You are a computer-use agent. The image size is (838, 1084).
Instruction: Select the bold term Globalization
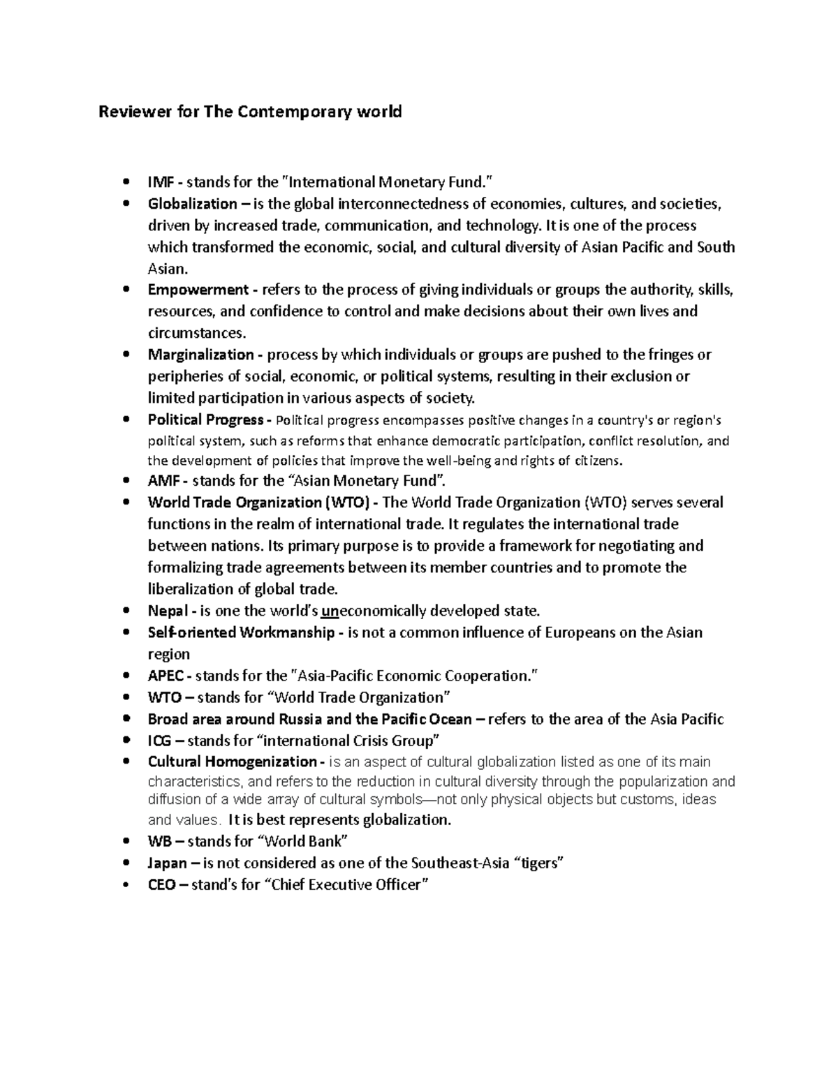192,205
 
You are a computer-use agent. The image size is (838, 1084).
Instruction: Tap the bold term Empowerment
198,290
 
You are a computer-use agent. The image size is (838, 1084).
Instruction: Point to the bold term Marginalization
201,355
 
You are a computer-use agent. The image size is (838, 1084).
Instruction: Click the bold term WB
158,841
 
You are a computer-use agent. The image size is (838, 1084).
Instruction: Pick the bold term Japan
168,863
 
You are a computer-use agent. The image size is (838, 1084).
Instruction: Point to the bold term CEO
162,885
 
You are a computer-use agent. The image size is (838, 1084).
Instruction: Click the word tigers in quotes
538,863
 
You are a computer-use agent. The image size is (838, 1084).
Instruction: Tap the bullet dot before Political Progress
126,420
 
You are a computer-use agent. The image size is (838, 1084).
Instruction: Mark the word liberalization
193,588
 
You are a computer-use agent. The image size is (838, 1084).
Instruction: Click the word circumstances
196,333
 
